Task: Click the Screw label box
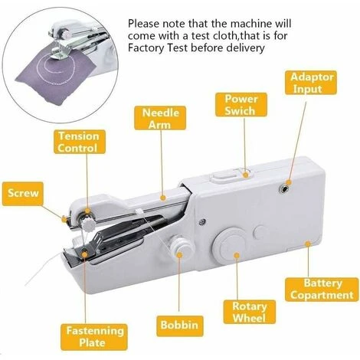tap(22, 194)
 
